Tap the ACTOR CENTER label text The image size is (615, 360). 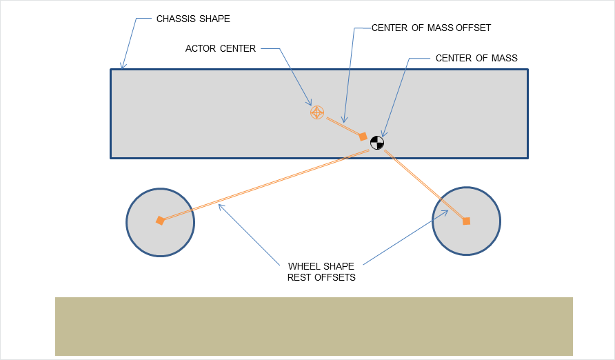point(221,49)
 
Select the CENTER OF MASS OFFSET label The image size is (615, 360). point(431,28)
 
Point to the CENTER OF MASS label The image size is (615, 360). point(476,59)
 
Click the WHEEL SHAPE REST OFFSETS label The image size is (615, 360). point(321,272)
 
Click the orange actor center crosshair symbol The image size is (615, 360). point(316,112)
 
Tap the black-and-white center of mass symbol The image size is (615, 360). point(376,143)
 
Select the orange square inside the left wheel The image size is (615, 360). point(160,221)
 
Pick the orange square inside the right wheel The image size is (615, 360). point(466,221)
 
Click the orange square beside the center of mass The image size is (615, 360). point(363,137)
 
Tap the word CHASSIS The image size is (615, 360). point(172,19)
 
